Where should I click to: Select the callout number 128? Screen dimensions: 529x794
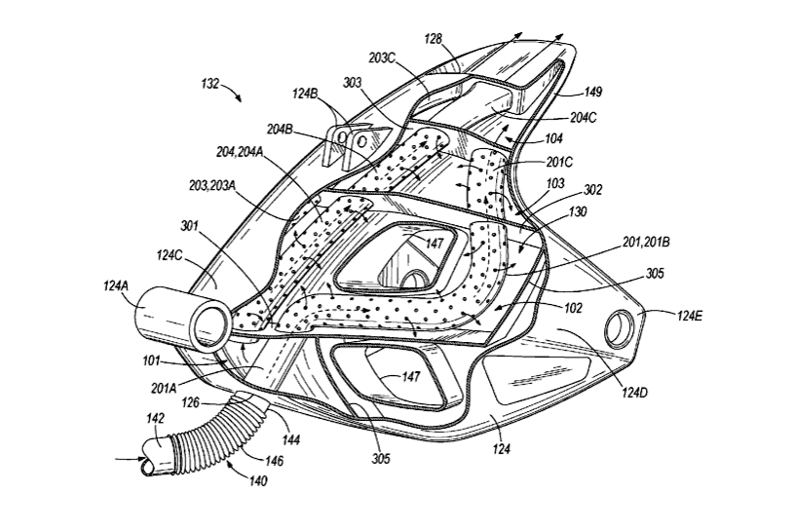coord(435,40)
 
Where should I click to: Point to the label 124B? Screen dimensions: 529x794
coord(306,94)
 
